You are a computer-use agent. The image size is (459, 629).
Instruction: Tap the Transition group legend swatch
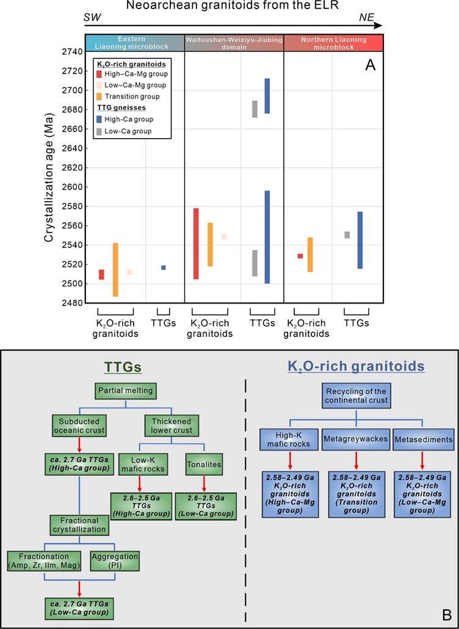click(99, 96)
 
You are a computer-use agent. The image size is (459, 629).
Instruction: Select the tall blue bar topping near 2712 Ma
click(267, 96)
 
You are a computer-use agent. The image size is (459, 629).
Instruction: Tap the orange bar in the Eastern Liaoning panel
click(115, 269)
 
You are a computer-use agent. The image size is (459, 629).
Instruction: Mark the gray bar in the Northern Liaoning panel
click(347, 235)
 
